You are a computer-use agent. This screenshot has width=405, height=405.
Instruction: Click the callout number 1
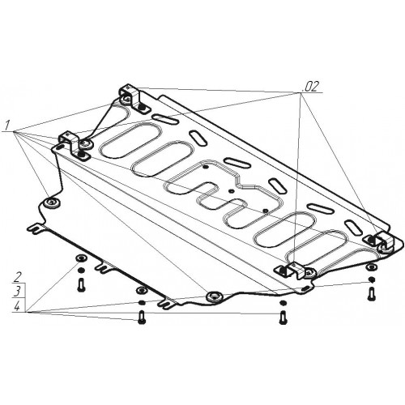pos(7,126)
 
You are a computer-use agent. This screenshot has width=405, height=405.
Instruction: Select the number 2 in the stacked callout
pos(19,277)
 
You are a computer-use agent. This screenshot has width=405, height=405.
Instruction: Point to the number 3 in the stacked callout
pos(18,292)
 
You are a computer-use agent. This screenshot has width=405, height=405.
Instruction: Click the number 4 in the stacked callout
pos(17,306)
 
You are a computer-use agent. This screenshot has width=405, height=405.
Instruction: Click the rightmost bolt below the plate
pos(371,294)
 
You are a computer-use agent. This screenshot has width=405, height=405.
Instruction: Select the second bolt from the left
pos(142,318)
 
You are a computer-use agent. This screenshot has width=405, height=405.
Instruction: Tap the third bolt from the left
pos(283,318)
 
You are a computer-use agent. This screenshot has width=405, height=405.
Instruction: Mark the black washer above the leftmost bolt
pos(81,271)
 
